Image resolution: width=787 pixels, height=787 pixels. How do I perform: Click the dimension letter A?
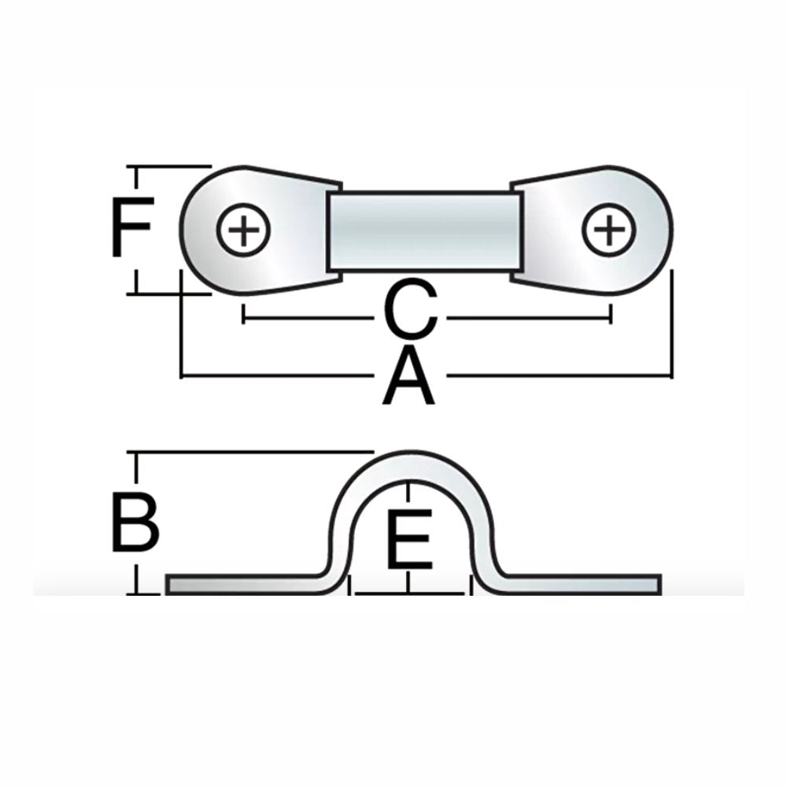[408, 379]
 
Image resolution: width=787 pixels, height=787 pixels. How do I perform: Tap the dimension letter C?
[412, 312]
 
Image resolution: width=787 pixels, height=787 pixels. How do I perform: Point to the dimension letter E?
[409, 539]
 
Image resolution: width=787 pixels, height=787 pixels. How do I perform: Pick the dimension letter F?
[131, 229]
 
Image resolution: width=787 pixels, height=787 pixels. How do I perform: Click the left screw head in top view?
[243, 230]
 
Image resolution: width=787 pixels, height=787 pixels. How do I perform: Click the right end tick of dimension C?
[611, 314]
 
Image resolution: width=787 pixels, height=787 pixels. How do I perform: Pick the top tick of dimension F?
[139, 168]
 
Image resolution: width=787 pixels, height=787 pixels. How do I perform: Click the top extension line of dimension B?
[252, 453]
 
